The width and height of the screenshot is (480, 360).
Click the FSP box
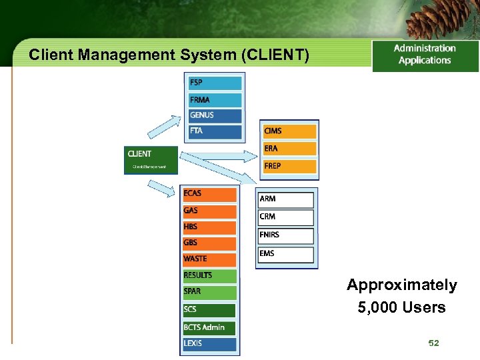(x=215, y=83)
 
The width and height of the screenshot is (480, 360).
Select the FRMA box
(x=215, y=100)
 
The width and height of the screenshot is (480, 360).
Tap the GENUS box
(x=215, y=115)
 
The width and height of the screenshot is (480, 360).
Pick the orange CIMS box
(x=289, y=131)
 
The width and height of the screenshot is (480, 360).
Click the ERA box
(x=289, y=149)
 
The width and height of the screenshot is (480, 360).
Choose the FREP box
(x=289, y=166)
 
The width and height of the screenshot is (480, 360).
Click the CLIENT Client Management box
(x=151, y=160)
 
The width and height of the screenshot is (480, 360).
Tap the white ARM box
(x=286, y=199)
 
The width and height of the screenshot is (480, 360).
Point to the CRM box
(x=286, y=217)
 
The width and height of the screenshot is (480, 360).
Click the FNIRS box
(x=286, y=235)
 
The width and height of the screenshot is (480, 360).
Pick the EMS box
(x=286, y=254)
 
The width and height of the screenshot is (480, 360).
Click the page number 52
(x=433, y=343)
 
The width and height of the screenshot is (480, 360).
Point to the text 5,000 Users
(x=401, y=307)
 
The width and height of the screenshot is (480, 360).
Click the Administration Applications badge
(x=425, y=55)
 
